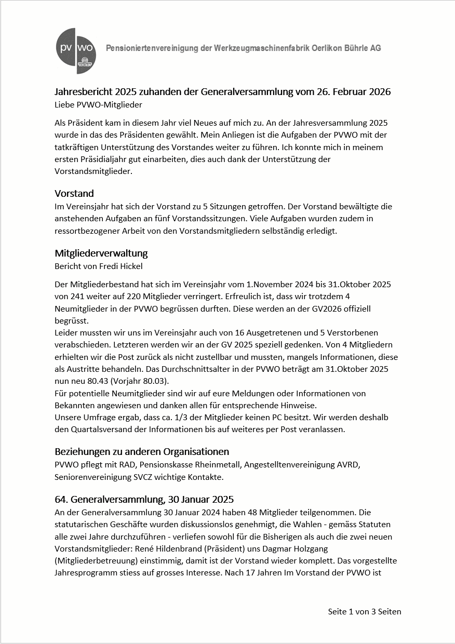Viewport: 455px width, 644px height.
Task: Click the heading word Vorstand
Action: tap(74, 194)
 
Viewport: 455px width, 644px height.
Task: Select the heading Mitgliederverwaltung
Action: tap(101, 253)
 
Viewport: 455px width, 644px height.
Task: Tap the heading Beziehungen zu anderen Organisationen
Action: tap(142, 451)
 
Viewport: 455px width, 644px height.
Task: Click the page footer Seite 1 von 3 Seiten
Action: tap(364, 611)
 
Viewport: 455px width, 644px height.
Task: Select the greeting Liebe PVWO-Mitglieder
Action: tap(98, 104)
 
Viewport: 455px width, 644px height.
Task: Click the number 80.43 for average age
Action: tap(97, 380)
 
